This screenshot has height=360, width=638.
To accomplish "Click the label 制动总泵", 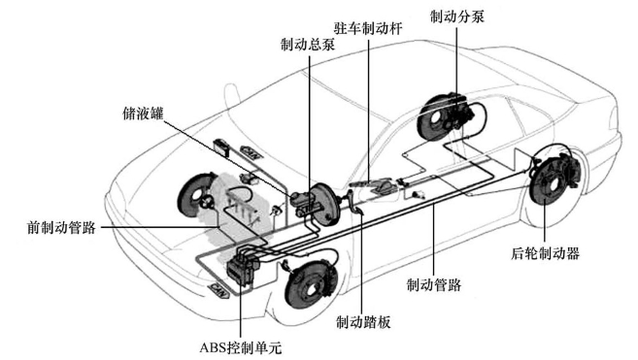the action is coord(308,44).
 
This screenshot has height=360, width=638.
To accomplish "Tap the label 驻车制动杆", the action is coord(368,28).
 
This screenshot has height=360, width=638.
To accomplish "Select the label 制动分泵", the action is coord(457,16).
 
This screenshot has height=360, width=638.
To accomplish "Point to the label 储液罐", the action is coord(143,114).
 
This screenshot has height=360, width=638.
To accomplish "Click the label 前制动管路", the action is coord(61,227).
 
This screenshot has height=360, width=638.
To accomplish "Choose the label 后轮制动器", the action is coord(545,253).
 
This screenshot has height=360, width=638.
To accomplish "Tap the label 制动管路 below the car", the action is coord(434,284).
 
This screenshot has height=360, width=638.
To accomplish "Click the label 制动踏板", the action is coord(363,322).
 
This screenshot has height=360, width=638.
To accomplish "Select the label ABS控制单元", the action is coord(241,347).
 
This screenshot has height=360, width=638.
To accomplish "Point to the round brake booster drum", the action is coord(324,204).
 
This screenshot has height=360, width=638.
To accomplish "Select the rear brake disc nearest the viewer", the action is coord(553,181).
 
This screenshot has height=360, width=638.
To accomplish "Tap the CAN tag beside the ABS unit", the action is coord(218,290).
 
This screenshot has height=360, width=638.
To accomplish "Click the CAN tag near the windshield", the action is coord(252,151).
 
